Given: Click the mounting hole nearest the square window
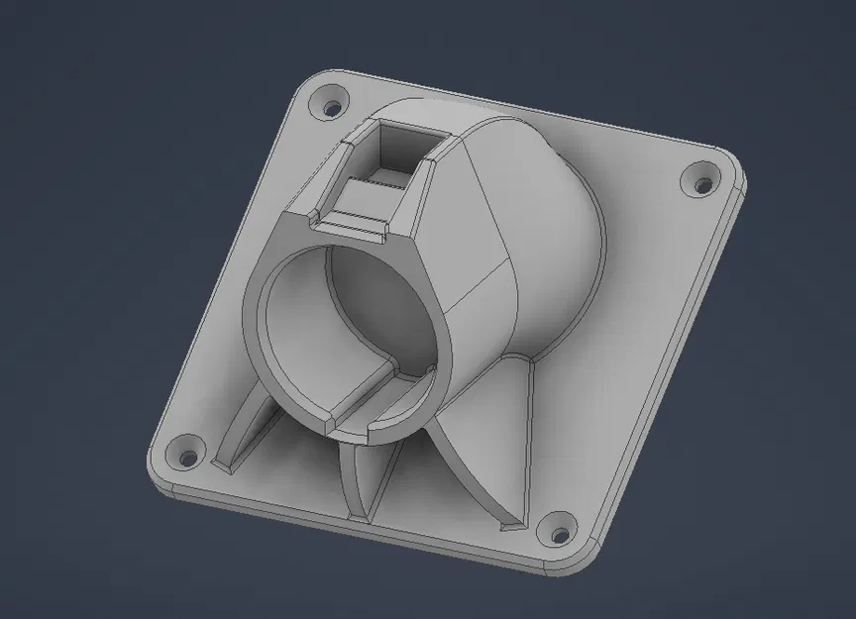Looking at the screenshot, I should pyautogui.click(x=330, y=102).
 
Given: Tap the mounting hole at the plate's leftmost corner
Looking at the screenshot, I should pyautogui.click(x=186, y=458).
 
